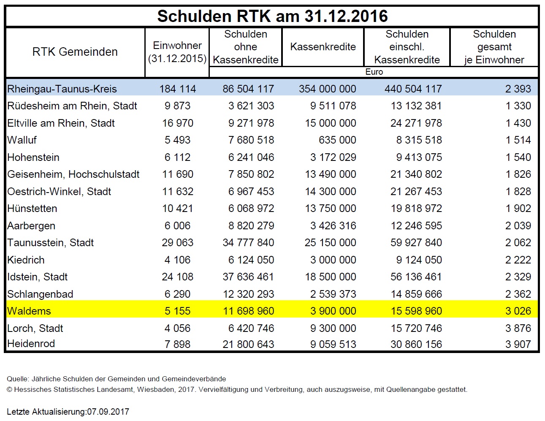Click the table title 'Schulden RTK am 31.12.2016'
point(272,16)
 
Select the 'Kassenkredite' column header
point(323,47)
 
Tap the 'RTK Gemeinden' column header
point(75,52)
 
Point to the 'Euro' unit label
point(374,72)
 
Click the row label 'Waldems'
point(29,311)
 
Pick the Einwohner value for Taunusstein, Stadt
point(178,243)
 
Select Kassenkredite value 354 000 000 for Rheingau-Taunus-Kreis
point(327,89)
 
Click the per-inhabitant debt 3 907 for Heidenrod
point(518,344)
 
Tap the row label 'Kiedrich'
point(26,260)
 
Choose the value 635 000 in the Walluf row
point(337,140)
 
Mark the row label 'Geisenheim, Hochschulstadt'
point(73,174)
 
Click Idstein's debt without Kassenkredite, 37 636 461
point(248,277)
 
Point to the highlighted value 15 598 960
point(416,311)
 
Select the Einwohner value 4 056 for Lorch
point(178,328)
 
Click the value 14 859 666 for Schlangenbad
point(416,294)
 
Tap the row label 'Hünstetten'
point(32,208)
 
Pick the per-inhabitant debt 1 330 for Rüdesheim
point(518,106)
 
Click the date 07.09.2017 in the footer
point(108,411)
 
